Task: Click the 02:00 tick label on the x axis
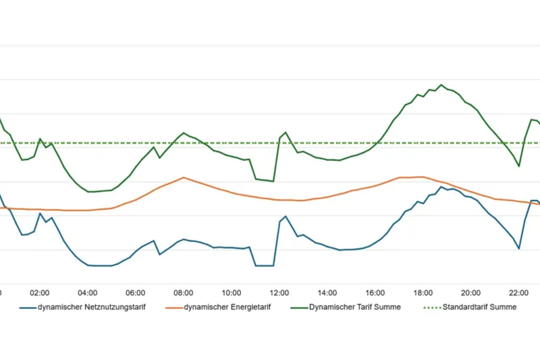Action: [x=40, y=293]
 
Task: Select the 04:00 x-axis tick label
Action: [x=88, y=293]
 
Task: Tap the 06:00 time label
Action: [x=136, y=293]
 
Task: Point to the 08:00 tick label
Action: [x=184, y=293]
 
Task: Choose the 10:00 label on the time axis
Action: [x=232, y=293]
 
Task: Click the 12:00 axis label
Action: [x=279, y=293]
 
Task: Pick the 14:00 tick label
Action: [x=327, y=293]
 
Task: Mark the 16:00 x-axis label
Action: [x=375, y=293]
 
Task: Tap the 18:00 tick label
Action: [x=423, y=293]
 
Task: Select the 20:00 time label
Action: [x=471, y=293]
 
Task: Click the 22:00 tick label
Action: [x=519, y=293]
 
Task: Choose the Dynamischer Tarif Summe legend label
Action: [x=355, y=307]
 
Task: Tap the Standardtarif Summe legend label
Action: [x=479, y=307]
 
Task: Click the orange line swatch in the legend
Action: [x=173, y=307]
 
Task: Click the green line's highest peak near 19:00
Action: [x=441, y=85]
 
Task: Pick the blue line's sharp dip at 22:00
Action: [x=519, y=249]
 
